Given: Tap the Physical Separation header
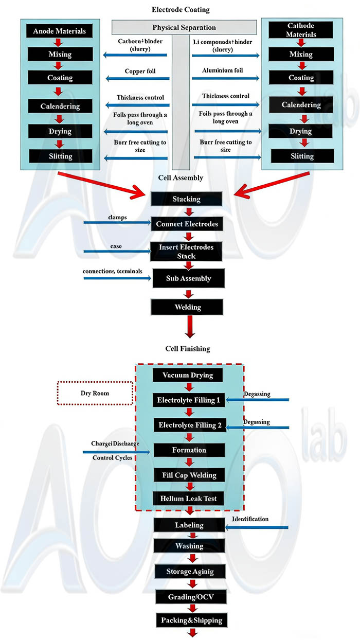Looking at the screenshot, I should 184,27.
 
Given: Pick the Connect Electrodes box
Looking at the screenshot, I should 187,224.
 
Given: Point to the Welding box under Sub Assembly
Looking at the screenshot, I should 187,307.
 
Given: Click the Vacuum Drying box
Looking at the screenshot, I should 188,375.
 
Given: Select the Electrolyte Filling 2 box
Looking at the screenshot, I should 189,425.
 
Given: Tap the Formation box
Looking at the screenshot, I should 189,450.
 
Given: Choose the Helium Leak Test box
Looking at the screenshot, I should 189,498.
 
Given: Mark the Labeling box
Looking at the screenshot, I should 189,525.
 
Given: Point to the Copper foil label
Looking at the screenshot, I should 140,71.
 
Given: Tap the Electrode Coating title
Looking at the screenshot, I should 181,9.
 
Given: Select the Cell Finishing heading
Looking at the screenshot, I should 187,348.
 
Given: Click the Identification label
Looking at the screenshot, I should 250,519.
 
